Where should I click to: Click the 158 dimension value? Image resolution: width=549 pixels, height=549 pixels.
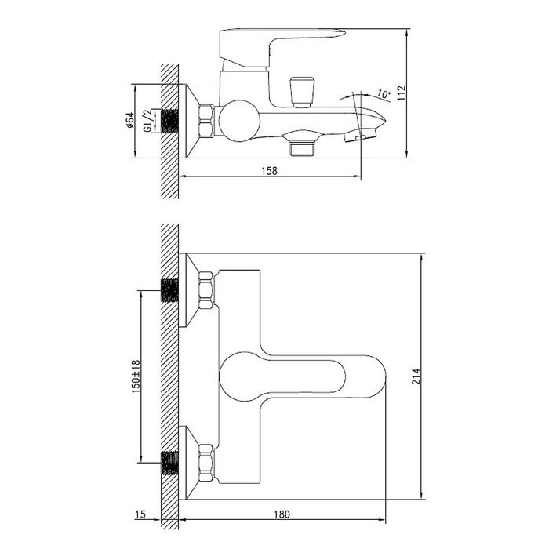269,171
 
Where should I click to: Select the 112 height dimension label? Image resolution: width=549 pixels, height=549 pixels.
402,93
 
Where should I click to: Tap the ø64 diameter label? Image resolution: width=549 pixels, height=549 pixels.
129,120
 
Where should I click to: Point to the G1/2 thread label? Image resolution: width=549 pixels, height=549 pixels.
147,121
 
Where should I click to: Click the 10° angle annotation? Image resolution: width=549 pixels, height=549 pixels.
384,94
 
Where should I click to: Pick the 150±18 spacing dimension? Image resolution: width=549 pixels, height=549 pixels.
136,376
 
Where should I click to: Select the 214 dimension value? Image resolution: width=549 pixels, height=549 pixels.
416,376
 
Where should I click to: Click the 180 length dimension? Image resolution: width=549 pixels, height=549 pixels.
282,514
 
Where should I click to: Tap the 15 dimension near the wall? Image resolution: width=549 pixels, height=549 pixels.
140,514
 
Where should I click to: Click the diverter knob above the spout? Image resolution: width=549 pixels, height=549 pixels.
302,92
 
